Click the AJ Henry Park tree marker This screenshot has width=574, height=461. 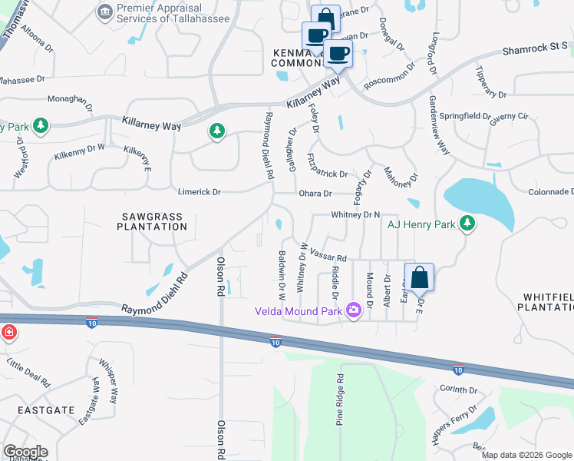466,224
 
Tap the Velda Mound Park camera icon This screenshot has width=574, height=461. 354,310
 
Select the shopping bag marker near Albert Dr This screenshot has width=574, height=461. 420,277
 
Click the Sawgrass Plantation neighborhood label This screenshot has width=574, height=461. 152,222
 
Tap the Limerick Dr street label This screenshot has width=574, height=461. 199,192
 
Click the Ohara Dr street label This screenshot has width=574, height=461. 315,194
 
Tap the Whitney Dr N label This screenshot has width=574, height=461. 356,215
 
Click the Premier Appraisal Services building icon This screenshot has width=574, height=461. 104,12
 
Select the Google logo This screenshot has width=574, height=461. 25,452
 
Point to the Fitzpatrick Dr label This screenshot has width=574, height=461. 327,166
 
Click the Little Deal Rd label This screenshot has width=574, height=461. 28,372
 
